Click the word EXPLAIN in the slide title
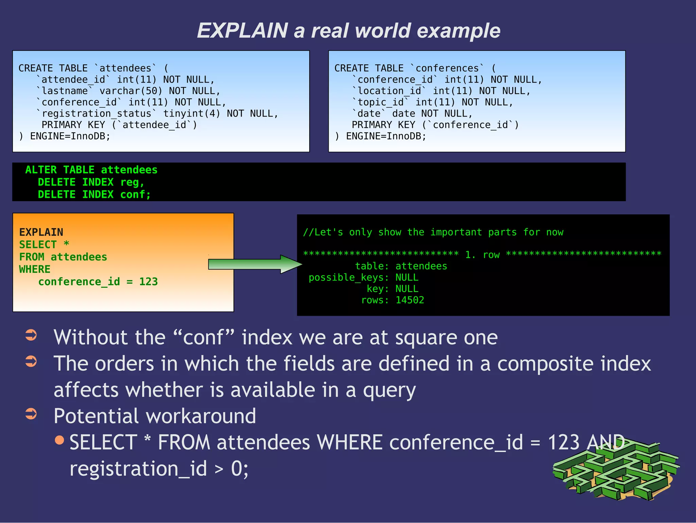point(242,31)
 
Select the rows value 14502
point(410,300)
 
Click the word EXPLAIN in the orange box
point(41,232)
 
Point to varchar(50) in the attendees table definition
point(130,91)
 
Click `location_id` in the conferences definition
point(389,91)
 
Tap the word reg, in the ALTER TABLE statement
point(132,182)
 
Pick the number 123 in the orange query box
point(149,282)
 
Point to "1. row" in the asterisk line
point(482,255)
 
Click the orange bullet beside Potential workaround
point(31,414)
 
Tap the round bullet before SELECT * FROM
point(59,440)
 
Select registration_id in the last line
point(138,469)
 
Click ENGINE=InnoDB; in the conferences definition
point(386,136)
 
